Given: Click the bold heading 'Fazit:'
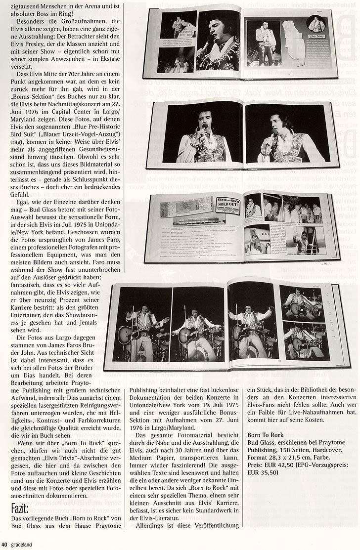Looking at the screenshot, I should [x=22, y=508].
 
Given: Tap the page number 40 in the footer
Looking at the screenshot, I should [x=4, y=545].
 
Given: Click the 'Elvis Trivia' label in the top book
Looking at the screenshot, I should [x=318, y=36].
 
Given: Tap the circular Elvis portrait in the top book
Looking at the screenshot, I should [x=316, y=23].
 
